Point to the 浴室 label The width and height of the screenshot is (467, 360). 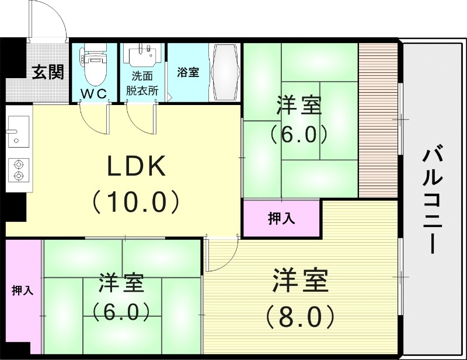point(188,72)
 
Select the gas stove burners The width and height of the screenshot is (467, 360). point(19,169)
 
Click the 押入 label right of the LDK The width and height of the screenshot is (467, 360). point(281,219)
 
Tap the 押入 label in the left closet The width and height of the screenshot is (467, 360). point(22,290)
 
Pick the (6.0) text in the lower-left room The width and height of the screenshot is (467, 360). point(121,312)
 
